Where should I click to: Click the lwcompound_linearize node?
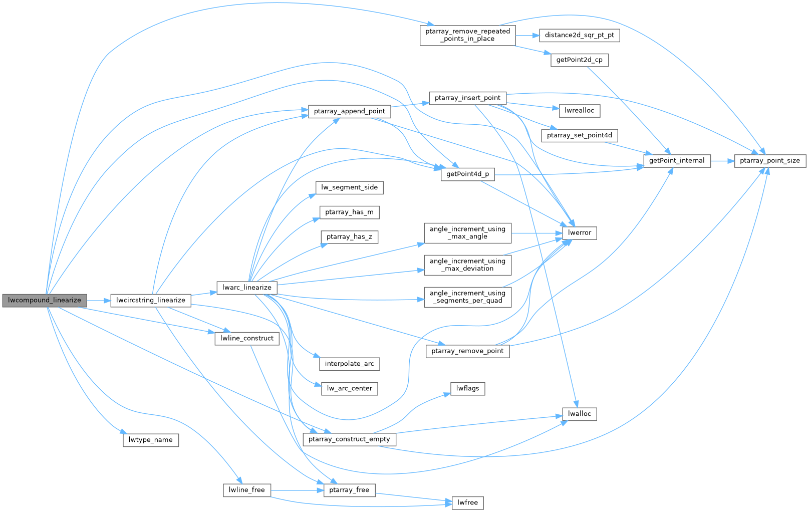tap(45, 300)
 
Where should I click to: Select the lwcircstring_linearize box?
tap(151, 300)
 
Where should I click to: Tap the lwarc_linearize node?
tap(247, 288)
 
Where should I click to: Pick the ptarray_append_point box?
tap(349, 111)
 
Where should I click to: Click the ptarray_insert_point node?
tap(467, 98)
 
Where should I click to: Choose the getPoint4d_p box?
tap(467, 174)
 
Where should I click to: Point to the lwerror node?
tap(580, 233)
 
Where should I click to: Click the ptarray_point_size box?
tap(770, 161)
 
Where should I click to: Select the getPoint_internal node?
tap(677, 161)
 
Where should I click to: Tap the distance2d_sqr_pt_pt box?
tap(579, 36)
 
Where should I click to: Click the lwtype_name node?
tap(151, 440)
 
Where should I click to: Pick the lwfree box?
tap(467, 502)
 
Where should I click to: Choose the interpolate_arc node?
tap(349, 364)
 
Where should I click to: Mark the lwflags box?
tap(467, 388)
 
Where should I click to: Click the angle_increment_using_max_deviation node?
tap(467, 265)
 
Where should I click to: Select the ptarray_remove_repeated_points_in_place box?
tap(467, 35)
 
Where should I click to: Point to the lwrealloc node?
tap(579, 111)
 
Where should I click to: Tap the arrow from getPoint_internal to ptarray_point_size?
tap(722, 161)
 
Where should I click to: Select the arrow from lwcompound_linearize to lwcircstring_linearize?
tap(99, 301)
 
